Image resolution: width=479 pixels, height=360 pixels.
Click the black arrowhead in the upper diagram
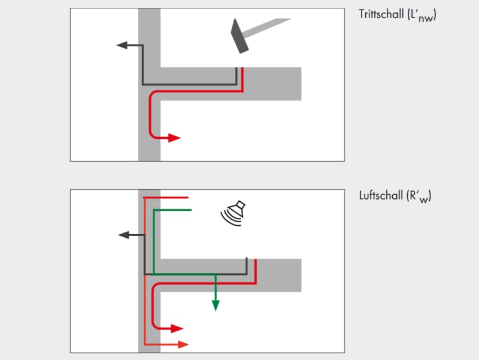pyautogui.click(x=121, y=46)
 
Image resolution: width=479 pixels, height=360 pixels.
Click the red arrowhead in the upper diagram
pyautogui.click(x=174, y=138)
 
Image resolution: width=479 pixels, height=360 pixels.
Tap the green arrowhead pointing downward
pyautogui.click(x=216, y=305)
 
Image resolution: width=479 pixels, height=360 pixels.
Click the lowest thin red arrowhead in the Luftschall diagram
pyautogui.click(x=183, y=344)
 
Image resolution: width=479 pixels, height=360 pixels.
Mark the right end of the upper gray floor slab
pyautogui.click(x=299, y=83)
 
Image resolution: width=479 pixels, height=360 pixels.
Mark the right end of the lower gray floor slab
pyautogui.click(x=299, y=275)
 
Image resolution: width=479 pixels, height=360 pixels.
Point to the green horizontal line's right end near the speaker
pyautogui.click(x=190, y=210)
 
